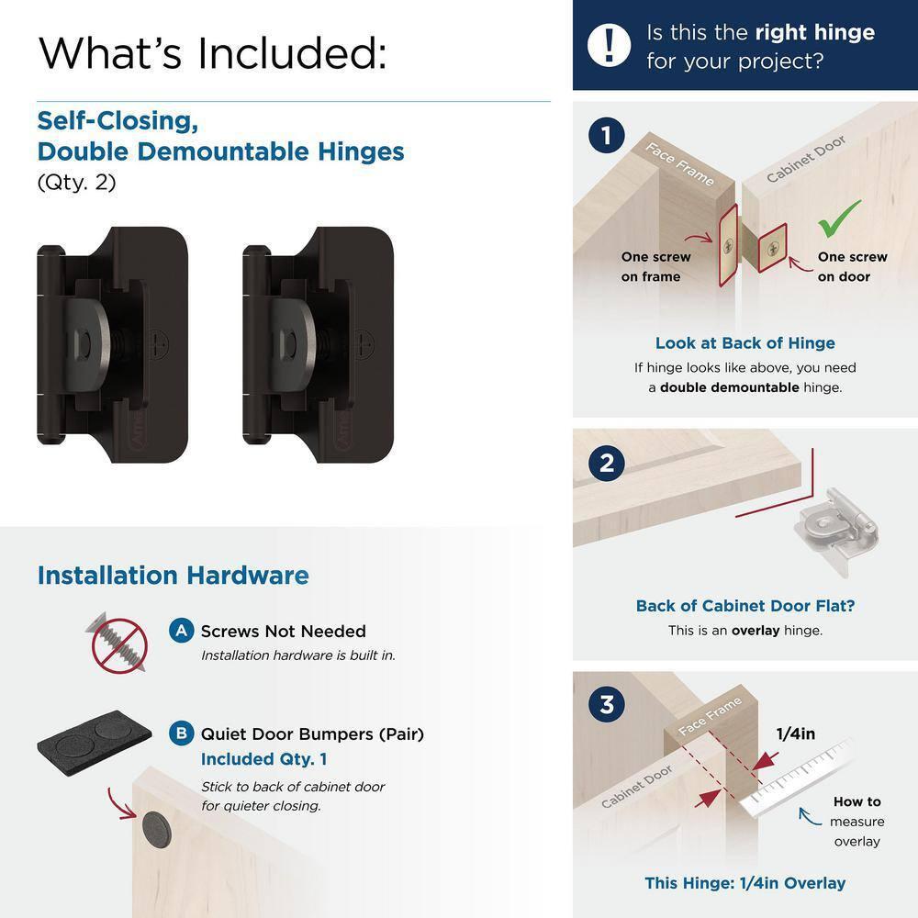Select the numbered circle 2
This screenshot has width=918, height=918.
click(607, 463)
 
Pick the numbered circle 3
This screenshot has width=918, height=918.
click(607, 706)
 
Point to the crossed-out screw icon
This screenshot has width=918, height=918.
click(118, 642)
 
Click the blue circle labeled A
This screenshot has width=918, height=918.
click(182, 631)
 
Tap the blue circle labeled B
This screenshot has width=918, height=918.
click(182, 733)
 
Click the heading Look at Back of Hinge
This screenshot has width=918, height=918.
click(744, 343)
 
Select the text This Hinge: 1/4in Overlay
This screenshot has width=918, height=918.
click(744, 883)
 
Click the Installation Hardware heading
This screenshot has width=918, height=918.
click(173, 576)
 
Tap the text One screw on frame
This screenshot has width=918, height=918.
click(655, 267)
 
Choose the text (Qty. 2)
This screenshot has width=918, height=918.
click(76, 182)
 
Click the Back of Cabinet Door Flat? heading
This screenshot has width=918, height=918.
click(744, 606)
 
